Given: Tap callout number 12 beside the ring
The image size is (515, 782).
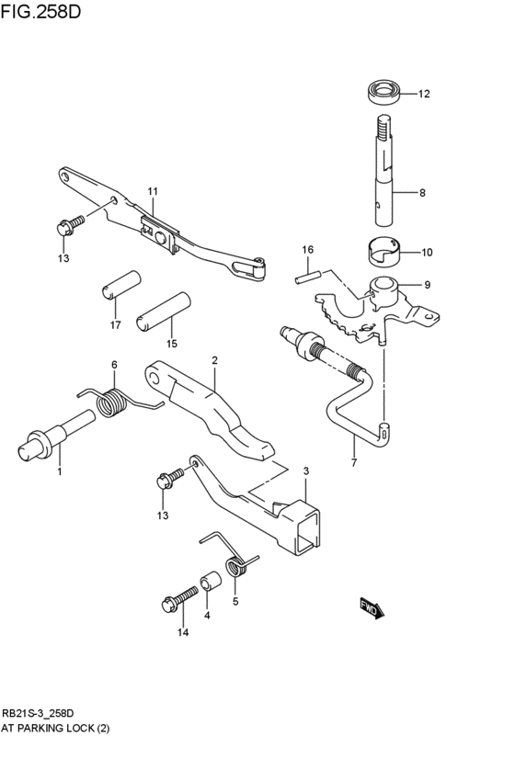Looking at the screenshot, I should point(424,94).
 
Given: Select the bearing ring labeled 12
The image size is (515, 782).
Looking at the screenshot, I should point(383,92).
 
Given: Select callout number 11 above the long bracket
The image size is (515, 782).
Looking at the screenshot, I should point(153,191).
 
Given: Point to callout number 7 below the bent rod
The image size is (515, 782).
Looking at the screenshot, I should point(354,465).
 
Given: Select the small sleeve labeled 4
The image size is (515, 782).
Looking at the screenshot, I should point(210,584).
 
